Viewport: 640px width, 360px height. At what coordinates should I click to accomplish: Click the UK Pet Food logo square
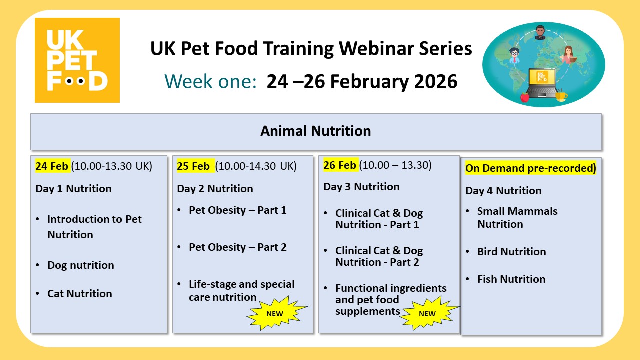77,60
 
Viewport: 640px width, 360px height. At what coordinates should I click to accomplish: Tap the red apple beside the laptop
524,97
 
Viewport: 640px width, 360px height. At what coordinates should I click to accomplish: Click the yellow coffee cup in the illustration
561,95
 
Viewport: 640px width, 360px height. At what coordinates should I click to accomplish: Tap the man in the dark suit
540,33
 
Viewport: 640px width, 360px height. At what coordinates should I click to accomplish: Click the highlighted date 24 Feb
52,166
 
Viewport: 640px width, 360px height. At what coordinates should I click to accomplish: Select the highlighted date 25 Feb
194,166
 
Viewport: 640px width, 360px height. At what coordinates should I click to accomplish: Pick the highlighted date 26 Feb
340,165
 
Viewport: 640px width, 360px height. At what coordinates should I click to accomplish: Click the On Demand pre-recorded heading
531,168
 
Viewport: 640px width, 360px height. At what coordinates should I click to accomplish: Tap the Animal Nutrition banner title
316,131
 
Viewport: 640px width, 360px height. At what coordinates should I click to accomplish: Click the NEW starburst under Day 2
275,314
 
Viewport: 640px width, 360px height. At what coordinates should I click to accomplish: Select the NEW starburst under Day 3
427,314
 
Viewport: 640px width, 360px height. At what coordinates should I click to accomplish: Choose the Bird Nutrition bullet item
511,252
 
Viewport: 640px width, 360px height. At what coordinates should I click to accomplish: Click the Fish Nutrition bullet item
511,279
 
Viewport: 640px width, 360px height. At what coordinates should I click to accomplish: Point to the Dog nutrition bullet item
80,265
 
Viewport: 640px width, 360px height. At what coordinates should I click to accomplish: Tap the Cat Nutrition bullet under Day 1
79,294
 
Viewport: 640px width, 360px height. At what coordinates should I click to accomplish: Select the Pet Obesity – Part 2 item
237,247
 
